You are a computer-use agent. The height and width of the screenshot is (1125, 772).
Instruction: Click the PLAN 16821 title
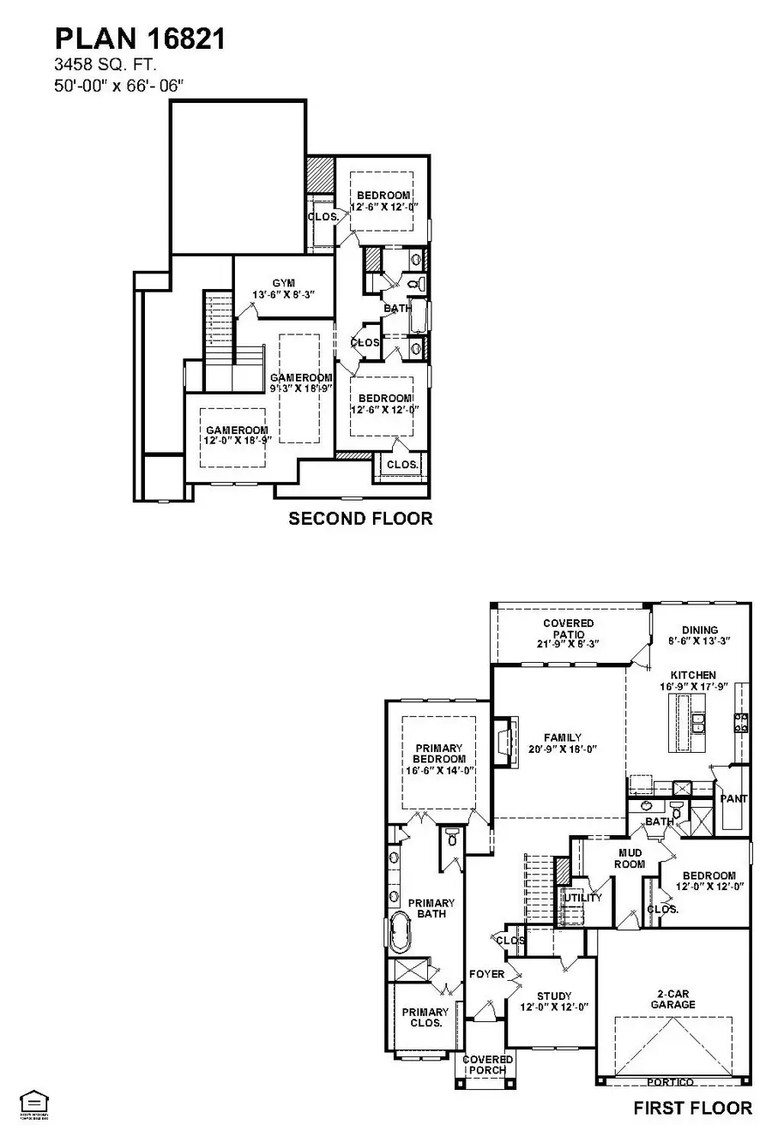click(x=141, y=39)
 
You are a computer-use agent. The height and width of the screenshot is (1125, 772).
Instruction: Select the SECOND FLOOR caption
click(x=360, y=518)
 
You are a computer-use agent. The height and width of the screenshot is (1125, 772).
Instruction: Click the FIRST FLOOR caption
click(x=692, y=1107)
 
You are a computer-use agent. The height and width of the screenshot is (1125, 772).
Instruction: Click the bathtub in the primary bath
click(x=401, y=932)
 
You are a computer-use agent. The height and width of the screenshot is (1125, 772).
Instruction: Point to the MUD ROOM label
click(x=631, y=858)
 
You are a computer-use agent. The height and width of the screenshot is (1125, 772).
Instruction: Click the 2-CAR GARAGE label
click(x=672, y=998)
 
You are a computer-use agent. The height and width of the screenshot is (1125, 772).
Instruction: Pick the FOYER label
click(x=486, y=974)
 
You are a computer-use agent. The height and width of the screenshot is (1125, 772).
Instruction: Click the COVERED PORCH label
click(x=487, y=1065)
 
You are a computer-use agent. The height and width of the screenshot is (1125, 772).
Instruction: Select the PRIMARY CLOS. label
click(x=425, y=1017)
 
